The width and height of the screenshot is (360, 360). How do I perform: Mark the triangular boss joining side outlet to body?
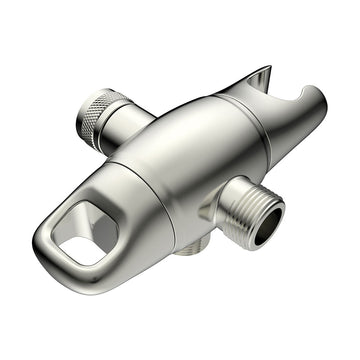click(215, 205)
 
